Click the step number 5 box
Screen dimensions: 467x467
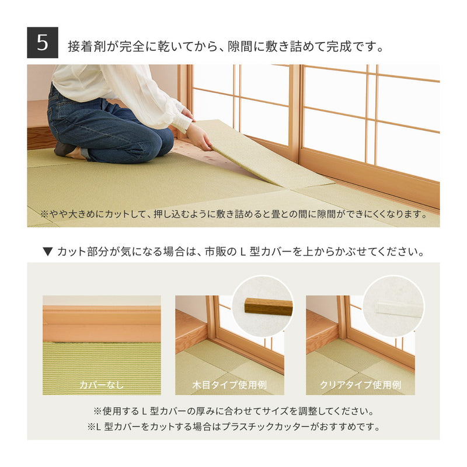click(x=43, y=43)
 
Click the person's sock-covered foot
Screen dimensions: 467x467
click(x=64, y=149)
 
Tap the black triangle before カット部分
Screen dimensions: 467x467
click(x=48, y=252)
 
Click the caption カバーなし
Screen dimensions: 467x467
click(x=102, y=385)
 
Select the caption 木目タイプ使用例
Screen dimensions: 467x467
click(x=229, y=385)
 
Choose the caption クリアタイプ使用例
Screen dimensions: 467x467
click(x=360, y=385)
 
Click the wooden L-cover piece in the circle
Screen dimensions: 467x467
click(x=269, y=307)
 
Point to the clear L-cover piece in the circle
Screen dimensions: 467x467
click(x=399, y=309)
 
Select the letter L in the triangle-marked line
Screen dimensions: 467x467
click(x=242, y=252)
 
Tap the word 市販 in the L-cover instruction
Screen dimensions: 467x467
click(x=215, y=252)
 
